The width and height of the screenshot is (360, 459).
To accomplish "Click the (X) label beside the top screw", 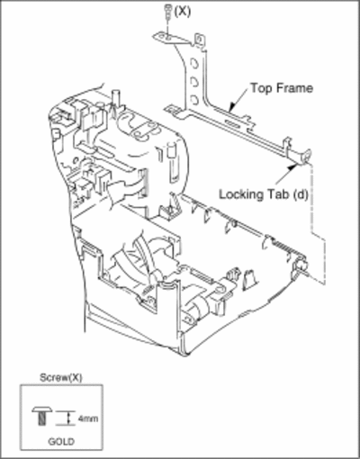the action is click(x=183, y=12).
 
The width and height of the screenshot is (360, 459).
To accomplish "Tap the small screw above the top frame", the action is click(x=168, y=11).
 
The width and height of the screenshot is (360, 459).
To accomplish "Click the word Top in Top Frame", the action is click(x=261, y=88).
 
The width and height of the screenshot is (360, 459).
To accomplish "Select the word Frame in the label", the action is click(x=294, y=88).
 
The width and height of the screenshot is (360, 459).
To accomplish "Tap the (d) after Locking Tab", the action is click(x=301, y=194).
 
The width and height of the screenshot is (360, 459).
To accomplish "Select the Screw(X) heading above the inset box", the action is click(x=61, y=377).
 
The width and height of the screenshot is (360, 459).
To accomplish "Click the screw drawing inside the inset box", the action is click(x=42, y=416).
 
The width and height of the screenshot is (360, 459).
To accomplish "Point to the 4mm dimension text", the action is click(x=88, y=418).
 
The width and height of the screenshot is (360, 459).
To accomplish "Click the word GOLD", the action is click(x=61, y=442).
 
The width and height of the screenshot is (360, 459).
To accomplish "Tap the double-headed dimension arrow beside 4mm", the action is click(x=69, y=418).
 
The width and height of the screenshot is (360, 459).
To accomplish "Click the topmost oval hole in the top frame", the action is click(x=194, y=64).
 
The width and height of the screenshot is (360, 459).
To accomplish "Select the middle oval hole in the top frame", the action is click(x=193, y=82).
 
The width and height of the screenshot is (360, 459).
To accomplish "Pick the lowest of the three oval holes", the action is click(x=194, y=99).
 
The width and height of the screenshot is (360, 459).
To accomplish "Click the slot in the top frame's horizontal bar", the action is click(x=233, y=124).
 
